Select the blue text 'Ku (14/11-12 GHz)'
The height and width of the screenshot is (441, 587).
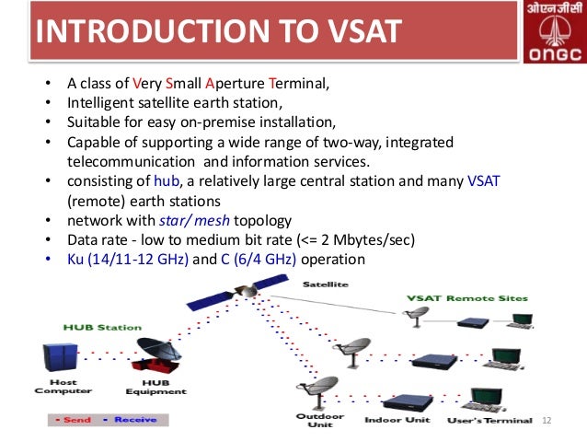pyautogui.click(x=128, y=260)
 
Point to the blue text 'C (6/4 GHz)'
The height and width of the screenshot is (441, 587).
pyautogui.click(x=259, y=260)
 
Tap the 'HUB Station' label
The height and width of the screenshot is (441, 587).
pyautogui.click(x=103, y=327)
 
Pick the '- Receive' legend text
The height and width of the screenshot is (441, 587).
pyautogui.click(x=130, y=419)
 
